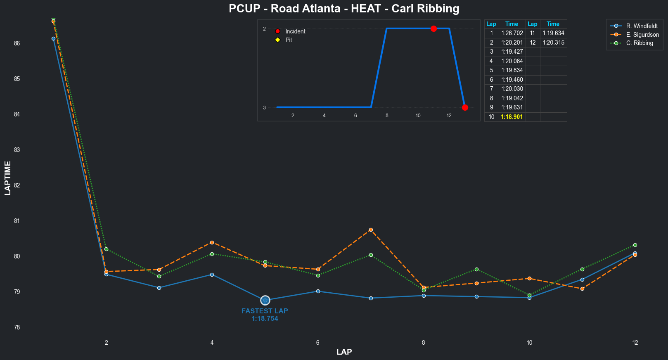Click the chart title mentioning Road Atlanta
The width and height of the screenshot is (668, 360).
pos(344,9)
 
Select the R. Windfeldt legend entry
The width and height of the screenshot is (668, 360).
pos(642,26)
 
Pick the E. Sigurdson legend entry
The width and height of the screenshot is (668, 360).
pos(642,35)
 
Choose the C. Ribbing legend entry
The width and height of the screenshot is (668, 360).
pos(639,43)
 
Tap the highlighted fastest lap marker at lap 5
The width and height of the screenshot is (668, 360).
pos(265,300)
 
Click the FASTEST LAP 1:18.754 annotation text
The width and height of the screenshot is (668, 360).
pos(265,315)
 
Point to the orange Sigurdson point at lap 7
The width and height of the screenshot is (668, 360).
pos(371,230)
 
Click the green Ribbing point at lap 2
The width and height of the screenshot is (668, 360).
pos(107,249)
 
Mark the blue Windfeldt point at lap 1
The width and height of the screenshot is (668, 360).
pos(54,38)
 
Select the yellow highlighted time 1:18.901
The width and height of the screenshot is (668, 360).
pos(512,117)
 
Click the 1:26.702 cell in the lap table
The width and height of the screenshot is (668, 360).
pos(512,33)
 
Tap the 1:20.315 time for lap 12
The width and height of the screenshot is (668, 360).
pos(553,43)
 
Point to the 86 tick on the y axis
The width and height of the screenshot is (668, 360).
pos(17,43)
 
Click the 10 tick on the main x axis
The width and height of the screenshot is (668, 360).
pos(529,342)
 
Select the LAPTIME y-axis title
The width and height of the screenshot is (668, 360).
pos(8,178)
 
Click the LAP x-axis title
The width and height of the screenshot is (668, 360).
pos(344,352)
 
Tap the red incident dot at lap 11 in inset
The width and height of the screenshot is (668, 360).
pos(433,28)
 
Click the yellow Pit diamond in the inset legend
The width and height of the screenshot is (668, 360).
pos(277,40)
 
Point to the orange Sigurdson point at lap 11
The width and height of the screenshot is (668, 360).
pos(582,289)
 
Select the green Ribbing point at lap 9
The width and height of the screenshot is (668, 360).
pos(476,269)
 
